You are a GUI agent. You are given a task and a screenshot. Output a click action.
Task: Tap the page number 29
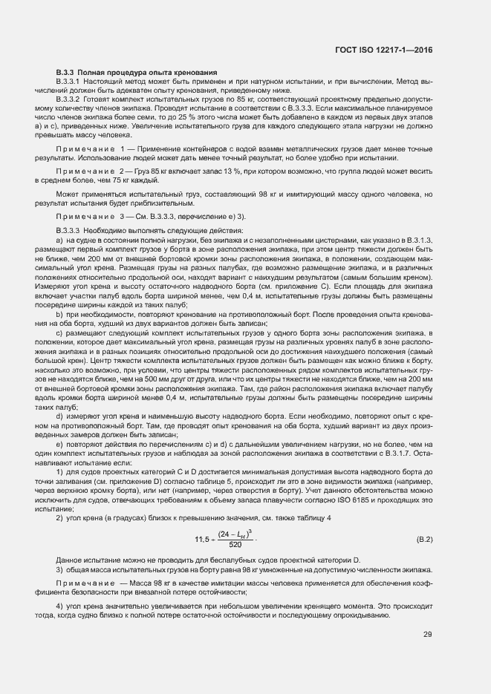point(428,634)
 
